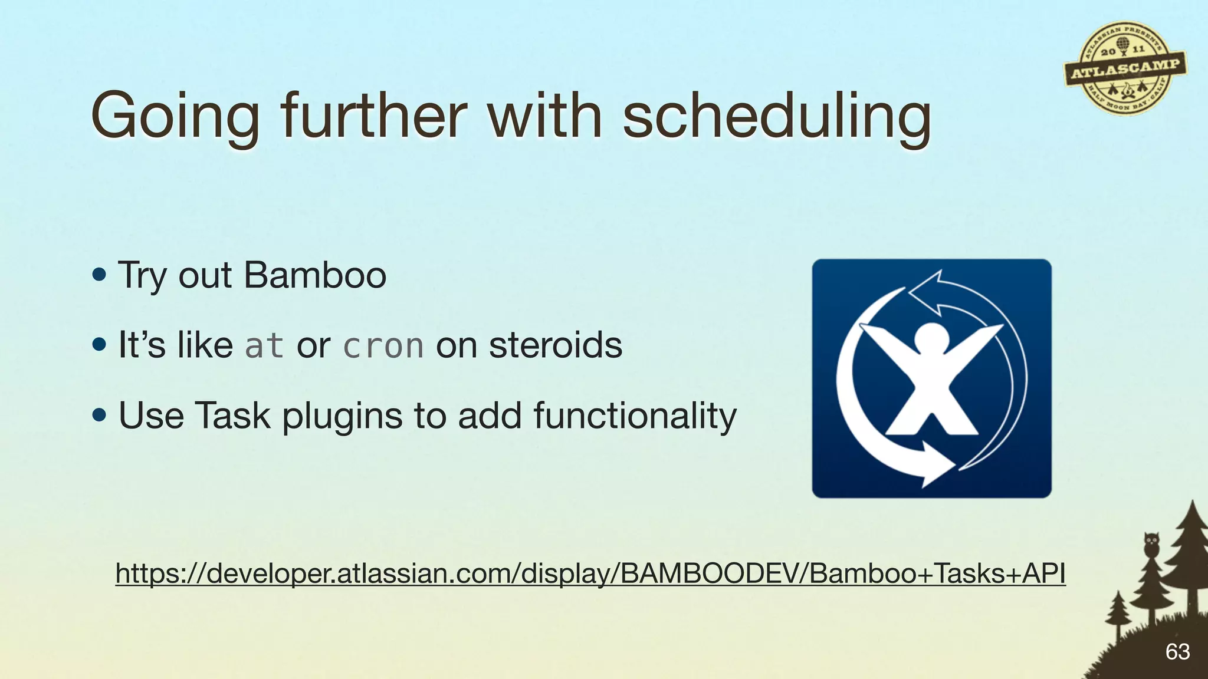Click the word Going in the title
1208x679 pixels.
click(175, 116)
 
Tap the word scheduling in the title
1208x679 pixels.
click(777, 116)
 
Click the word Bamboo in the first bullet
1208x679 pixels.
click(315, 275)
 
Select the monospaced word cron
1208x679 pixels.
click(383, 346)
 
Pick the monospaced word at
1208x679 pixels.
click(264, 346)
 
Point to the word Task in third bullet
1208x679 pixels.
click(232, 416)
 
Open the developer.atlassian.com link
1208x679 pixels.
click(590, 573)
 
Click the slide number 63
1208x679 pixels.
click(1177, 651)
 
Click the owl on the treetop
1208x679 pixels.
click(1151, 543)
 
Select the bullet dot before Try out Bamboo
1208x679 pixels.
click(99, 275)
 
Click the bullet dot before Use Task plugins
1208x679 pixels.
click(99, 416)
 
